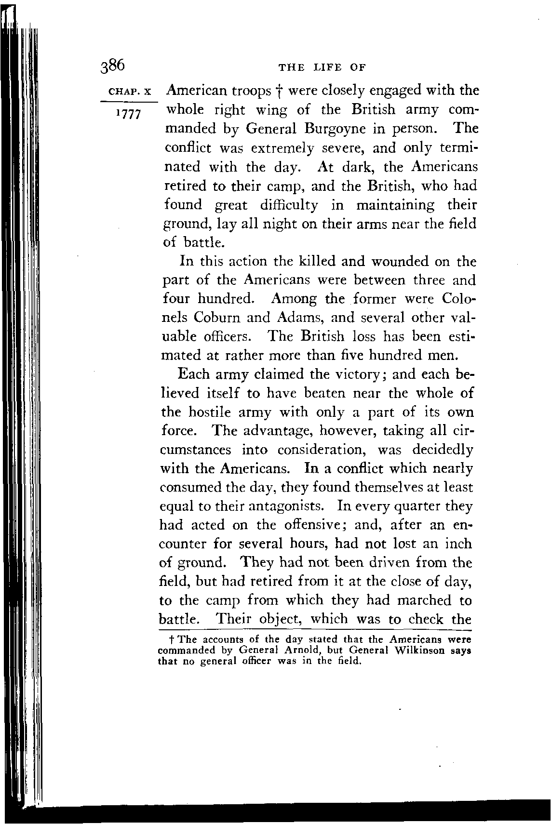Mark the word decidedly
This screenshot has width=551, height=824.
click(443, 450)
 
